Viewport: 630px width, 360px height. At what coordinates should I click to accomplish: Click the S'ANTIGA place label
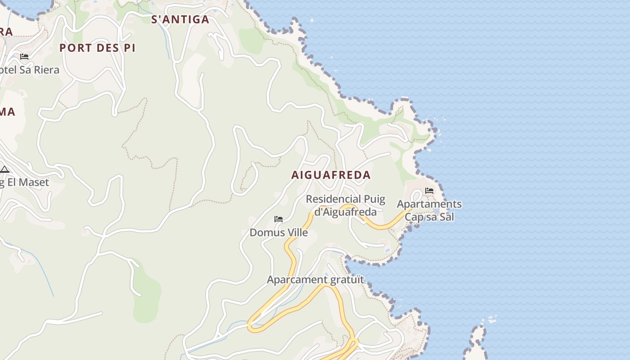pyautogui.click(x=180, y=19)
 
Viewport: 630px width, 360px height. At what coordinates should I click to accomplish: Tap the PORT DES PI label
pyautogui.click(x=97, y=48)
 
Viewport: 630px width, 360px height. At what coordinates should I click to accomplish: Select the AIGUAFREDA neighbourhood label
pyautogui.click(x=331, y=175)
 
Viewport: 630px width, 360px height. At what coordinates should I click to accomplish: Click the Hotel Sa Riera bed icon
pyautogui.click(x=24, y=57)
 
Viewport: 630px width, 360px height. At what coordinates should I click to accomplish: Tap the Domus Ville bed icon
pyautogui.click(x=279, y=219)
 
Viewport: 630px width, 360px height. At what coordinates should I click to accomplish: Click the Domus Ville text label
pyautogui.click(x=279, y=233)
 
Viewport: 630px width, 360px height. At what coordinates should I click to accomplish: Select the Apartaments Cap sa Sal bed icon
pyautogui.click(x=429, y=191)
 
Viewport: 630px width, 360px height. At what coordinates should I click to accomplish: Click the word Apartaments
pyautogui.click(x=429, y=204)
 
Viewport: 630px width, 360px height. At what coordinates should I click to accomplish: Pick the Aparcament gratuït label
pyautogui.click(x=315, y=280)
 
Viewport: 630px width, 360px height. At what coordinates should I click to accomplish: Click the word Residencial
pyautogui.click(x=333, y=199)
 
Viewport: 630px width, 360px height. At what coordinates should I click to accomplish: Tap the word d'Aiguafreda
pyautogui.click(x=345, y=211)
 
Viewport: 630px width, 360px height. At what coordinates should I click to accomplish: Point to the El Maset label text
pyautogui.click(x=27, y=182)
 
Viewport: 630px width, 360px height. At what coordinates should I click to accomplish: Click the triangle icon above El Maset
pyautogui.click(x=4, y=170)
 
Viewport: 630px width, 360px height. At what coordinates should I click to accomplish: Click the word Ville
pyautogui.click(x=297, y=233)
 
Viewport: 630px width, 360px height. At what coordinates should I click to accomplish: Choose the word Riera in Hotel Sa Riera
pyautogui.click(x=46, y=70)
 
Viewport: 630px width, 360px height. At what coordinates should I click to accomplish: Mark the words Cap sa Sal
pyautogui.click(x=429, y=217)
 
